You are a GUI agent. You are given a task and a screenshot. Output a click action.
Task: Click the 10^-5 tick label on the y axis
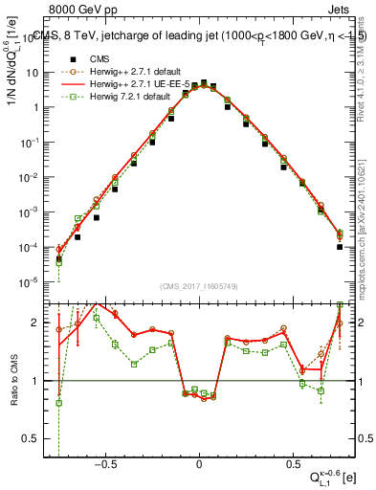28,282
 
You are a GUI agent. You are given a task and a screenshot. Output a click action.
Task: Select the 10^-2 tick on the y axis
28,177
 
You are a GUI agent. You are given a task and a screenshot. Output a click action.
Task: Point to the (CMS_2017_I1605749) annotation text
198,286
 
